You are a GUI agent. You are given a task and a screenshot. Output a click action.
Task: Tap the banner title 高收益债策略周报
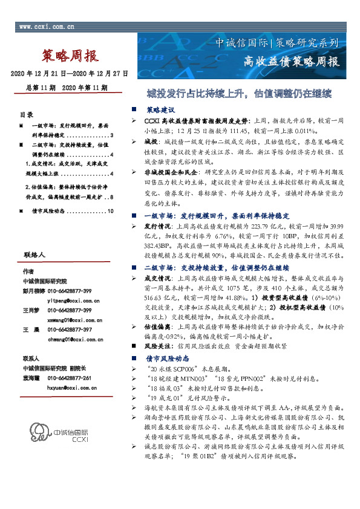(x=291, y=61)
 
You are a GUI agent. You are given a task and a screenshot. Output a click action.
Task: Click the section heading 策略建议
(x=160, y=111)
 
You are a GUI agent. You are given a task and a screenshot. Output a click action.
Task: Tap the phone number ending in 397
(x=70, y=329)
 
